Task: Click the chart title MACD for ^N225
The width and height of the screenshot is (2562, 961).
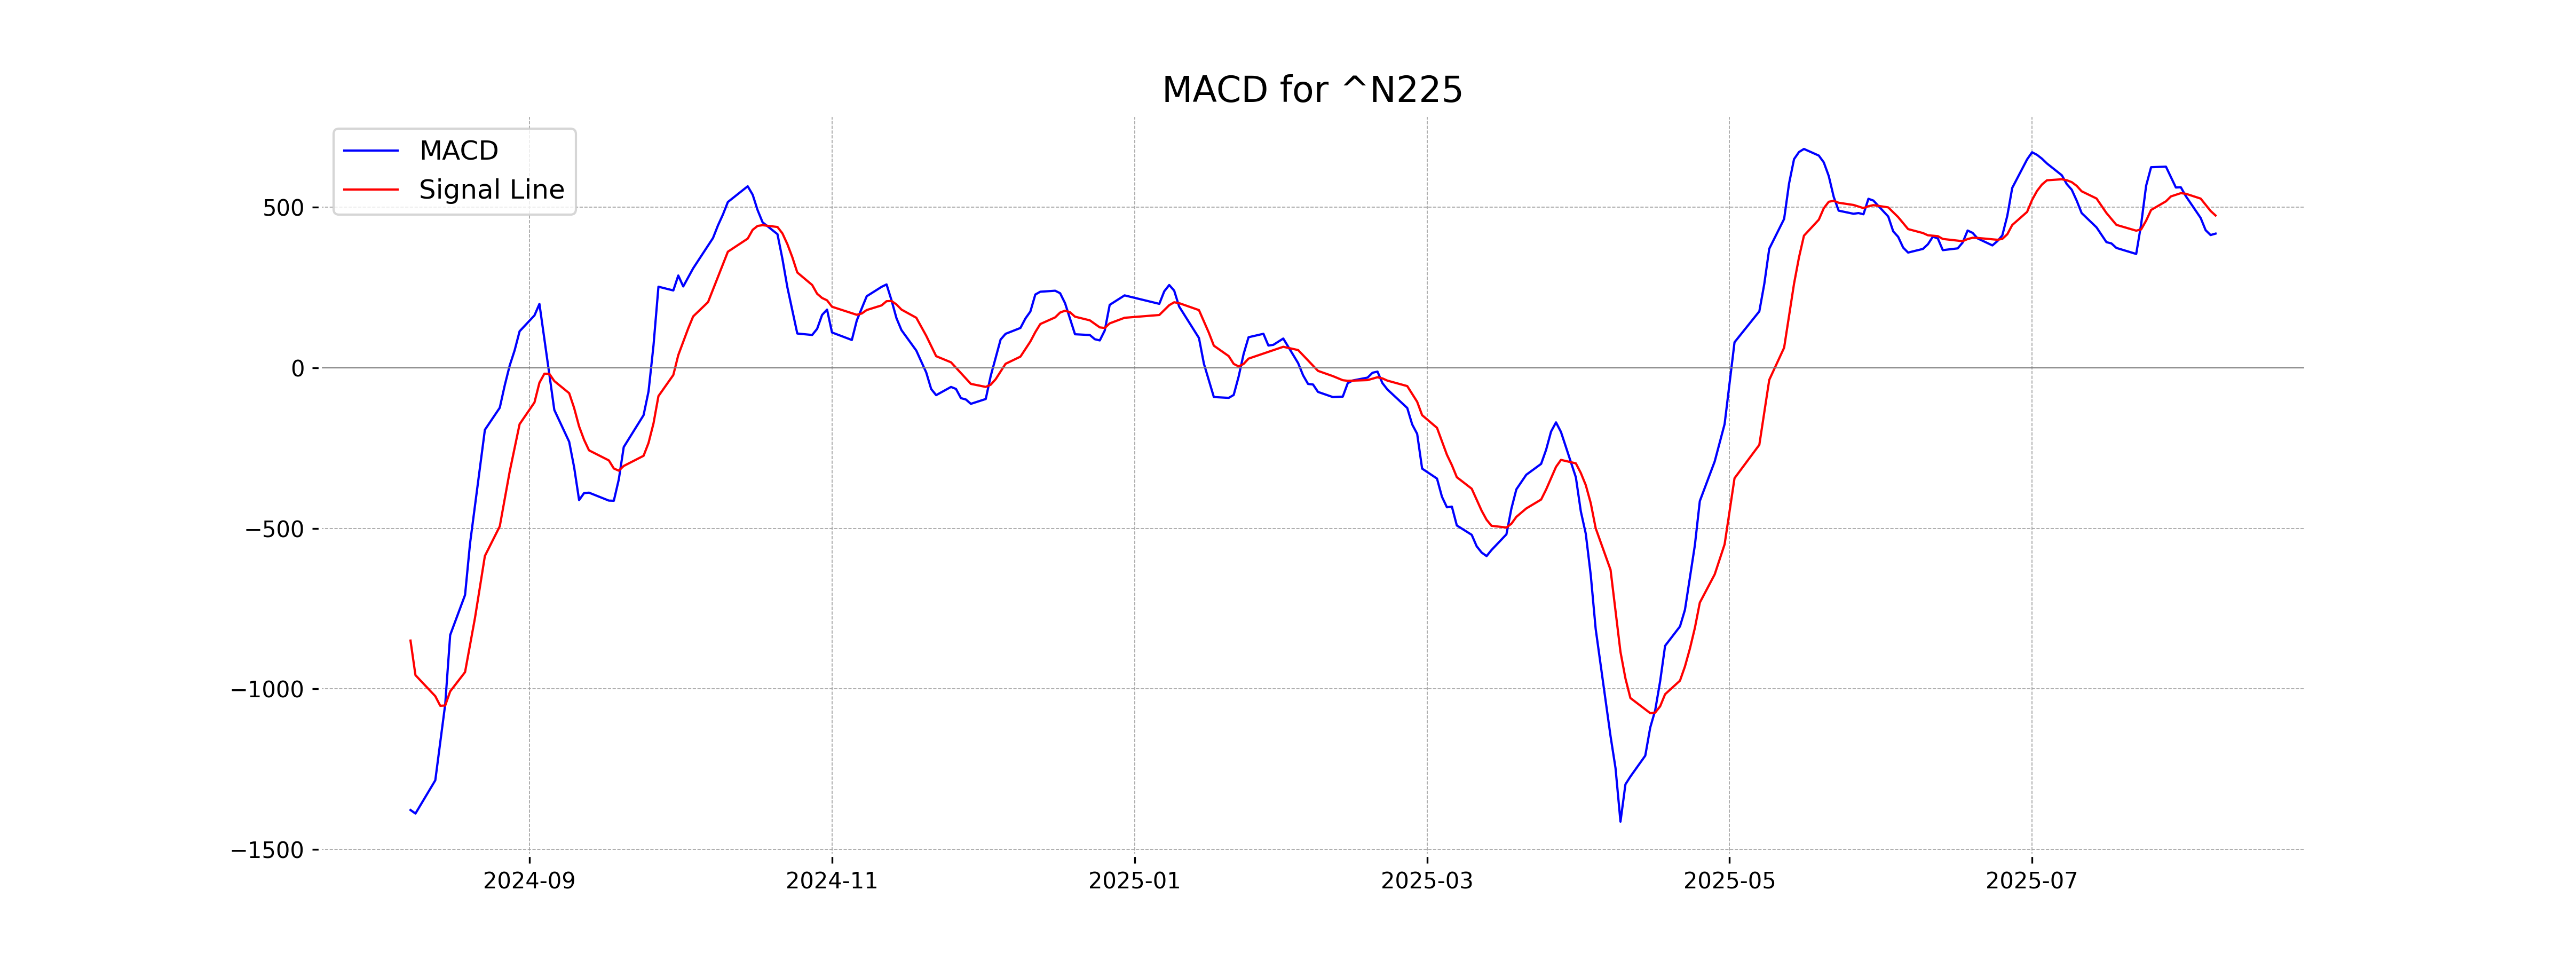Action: pyautogui.click(x=1312, y=91)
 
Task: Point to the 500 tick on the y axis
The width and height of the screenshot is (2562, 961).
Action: pyautogui.click(x=283, y=208)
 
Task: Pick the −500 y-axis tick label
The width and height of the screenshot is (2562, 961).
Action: pyautogui.click(x=274, y=529)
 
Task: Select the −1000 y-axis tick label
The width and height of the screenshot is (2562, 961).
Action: pyautogui.click(x=267, y=689)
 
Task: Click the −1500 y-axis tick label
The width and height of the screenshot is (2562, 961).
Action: pyautogui.click(x=267, y=850)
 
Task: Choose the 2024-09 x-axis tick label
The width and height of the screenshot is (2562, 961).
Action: pyautogui.click(x=529, y=881)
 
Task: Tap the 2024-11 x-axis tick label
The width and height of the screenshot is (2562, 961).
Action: pyautogui.click(x=832, y=881)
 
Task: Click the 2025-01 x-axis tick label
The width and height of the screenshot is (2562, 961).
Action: pyautogui.click(x=1134, y=881)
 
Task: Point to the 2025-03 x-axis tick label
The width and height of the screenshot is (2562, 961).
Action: pyautogui.click(x=1426, y=881)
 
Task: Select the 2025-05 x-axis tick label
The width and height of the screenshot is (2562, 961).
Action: pyautogui.click(x=1729, y=881)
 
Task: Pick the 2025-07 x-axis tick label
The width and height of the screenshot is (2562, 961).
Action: pyautogui.click(x=2031, y=881)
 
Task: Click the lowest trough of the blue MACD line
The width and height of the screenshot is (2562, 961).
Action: pyautogui.click(x=1620, y=821)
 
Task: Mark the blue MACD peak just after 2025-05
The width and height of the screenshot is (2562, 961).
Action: pyautogui.click(x=1803, y=149)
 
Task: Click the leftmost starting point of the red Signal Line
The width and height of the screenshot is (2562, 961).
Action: pyautogui.click(x=411, y=641)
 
